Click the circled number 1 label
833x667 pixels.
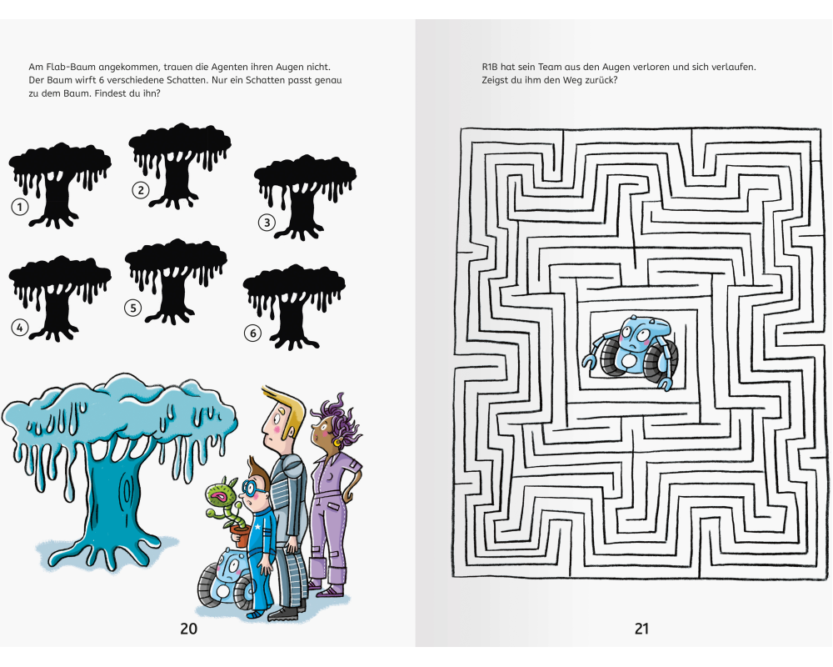tap(20, 207)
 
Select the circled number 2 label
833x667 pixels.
tap(141, 190)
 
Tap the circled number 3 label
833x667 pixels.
tap(267, 223)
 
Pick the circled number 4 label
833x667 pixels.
tap(20, 328)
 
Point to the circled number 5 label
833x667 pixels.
tap(133, 308)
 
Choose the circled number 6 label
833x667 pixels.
tap(253, 333)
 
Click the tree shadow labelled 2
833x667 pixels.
tap(180, 166)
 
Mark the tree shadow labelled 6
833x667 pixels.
tap(294, 307)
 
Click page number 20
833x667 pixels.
tap(188, 629)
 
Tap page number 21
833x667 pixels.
tap(641, 629)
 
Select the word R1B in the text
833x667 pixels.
tap(489, 67)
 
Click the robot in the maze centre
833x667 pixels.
tap(631, 352)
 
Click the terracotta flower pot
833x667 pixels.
tap(242, 535)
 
